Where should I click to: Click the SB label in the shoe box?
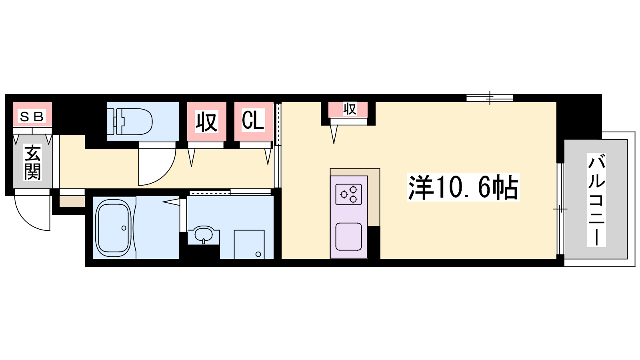tap(32, 116)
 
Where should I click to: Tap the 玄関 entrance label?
tap(32, 162)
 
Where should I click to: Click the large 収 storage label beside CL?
tap(206, 122)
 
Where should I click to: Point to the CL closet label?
tap(253, 120)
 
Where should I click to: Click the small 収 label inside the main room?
tap(350, 109)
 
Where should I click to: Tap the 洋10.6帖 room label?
tap(463, 187)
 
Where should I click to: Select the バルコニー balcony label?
tap(596, 200)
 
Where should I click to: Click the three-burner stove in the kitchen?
tap(348, 194)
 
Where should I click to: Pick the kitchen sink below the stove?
tap(348, 237)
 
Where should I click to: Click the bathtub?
tap(113, 228)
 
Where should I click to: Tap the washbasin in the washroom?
tap(204, 235)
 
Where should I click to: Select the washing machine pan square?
tap(249, 244)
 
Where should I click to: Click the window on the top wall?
tap(490, 98)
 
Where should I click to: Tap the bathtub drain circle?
tap(124, 228)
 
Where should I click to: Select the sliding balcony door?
tap(560, 208)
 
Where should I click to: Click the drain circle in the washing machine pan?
tap(258, 254)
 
